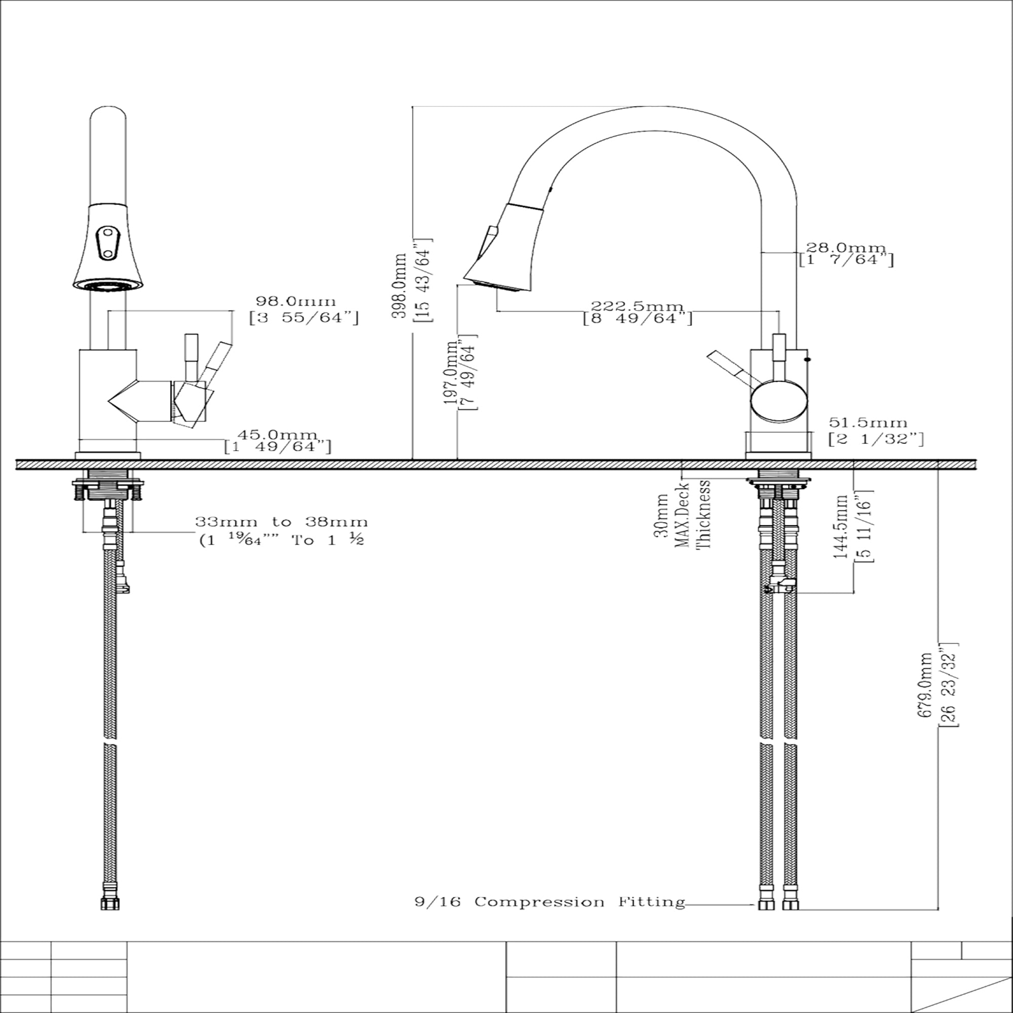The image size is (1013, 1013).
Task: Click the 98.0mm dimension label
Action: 296,301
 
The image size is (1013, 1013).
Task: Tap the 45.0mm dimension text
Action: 278,435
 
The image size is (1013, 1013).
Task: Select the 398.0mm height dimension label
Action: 400,285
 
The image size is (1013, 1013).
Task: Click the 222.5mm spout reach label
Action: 637,306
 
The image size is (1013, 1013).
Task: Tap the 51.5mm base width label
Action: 868,422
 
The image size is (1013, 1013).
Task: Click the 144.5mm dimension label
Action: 840,526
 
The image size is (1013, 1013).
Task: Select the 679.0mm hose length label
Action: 926,685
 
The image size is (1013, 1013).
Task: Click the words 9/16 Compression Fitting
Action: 550,902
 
